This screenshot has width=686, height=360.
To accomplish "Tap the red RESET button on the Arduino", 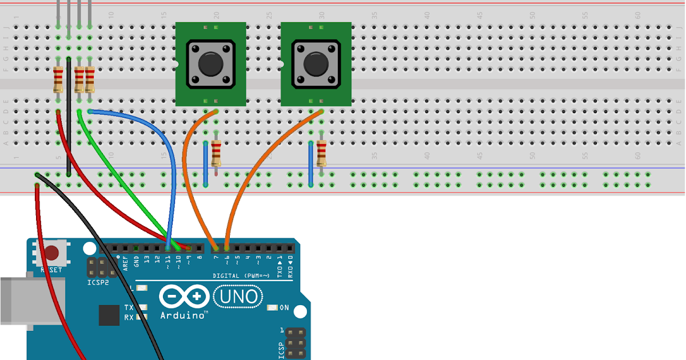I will click(53, 253).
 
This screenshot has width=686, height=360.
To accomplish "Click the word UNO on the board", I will click(238, 296).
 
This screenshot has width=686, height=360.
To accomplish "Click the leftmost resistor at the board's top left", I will click(58, 79).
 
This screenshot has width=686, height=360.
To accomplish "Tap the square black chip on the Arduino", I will click(109, 315).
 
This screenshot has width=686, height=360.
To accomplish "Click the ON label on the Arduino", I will click(284, 308).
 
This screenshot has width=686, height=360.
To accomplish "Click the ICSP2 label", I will click(98, 282).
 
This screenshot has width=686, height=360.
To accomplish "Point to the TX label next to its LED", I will click(129, 307).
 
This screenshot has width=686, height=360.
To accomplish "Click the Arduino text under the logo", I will click(184, 315).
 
